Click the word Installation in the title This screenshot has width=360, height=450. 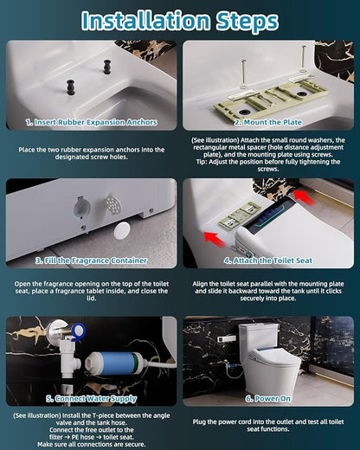coord(145,20)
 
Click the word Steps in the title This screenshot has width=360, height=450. coord(247,22)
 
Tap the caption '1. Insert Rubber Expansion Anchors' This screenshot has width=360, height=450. coord(92,122)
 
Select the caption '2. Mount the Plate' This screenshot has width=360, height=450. coord(268,122)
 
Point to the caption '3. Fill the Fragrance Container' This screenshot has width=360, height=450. coord(92,260)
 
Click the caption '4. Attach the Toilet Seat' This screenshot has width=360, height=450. coord(268,260)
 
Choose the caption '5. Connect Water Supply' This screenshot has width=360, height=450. coord(91,399)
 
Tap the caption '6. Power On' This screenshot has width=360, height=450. coord(268,399)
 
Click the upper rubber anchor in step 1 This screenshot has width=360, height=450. coord(107,67)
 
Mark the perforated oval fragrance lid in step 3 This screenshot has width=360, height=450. coord(112,204)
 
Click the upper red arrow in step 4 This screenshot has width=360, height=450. coord(305,198)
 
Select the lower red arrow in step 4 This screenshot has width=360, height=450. coord(215,240)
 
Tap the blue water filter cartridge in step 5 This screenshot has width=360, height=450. coord(115,363)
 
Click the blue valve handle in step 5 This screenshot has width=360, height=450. coord(78,331)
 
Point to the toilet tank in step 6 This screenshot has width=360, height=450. coord(259,338)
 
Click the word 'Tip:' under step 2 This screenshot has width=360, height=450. coord(202,162)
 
